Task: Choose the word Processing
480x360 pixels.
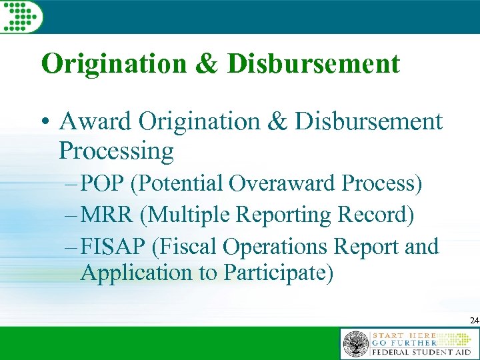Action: [x=116, y=151]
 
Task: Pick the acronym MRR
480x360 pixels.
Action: [x=107, y=215]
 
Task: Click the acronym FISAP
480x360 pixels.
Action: [x=114, y=247]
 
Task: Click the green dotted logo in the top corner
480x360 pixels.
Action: [x=20, y=16]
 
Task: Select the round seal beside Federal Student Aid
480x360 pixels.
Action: [x=355, y=344]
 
